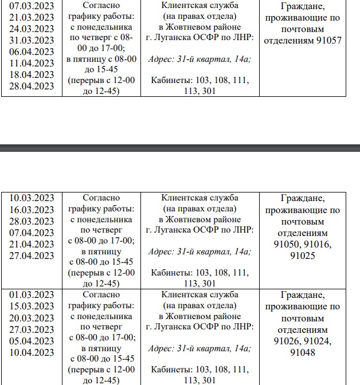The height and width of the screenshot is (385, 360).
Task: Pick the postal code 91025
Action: (x=303, y=256)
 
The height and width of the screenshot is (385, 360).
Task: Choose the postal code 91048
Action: (x=303, y=352)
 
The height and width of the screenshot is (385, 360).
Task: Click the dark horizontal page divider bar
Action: (x=180, y=148)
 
